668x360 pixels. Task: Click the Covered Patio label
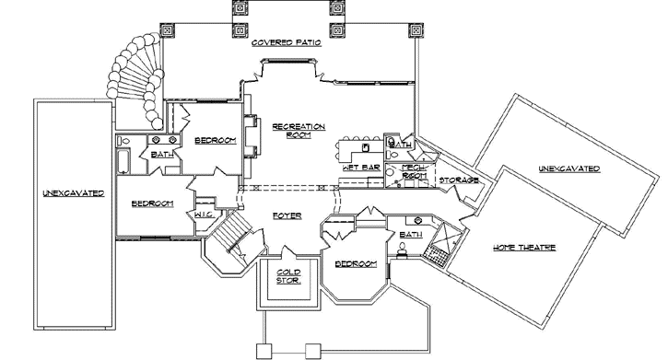(287, 42)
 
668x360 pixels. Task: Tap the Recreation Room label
(299, 131)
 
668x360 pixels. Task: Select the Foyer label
(287, 215)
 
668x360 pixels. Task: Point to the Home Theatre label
(524, 248)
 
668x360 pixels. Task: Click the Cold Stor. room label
(288, 276)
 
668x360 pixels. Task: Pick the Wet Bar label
(361, 168)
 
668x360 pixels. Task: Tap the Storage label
(459, 180)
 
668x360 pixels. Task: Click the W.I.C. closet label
(204, 215)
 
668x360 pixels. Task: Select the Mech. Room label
(414, 171)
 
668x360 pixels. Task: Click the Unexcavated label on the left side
(74, 193)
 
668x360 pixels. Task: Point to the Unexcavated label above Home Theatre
(569, 168)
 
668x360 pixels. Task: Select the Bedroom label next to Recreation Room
(215, 141)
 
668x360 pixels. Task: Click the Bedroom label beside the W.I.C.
(153, 203)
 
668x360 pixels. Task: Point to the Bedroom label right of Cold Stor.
(357, 264)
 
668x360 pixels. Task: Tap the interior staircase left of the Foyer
(233, 238)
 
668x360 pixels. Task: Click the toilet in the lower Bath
(402, 250)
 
